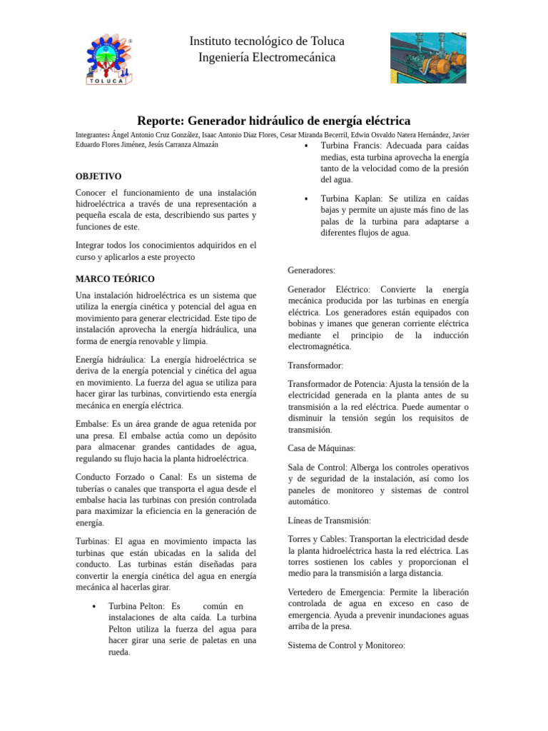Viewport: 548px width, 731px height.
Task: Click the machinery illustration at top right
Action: [428, 57]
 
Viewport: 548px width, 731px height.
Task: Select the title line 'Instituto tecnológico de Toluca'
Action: [267, 41]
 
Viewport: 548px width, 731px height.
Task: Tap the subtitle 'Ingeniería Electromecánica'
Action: [267, 58]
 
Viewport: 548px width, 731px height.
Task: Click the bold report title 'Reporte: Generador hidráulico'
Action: [273, 121]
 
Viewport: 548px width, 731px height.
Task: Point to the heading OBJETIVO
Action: [98, 176]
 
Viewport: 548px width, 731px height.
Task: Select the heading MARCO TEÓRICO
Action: [115, 279]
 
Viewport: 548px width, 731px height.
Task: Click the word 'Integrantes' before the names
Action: [92, 134]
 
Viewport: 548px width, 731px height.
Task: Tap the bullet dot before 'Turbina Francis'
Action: [306, 146]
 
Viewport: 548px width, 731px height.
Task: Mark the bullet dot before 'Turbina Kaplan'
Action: [306, 199]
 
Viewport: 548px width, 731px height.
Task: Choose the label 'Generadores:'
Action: [311, 271]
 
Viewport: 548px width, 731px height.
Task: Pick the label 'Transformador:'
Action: [315, 365]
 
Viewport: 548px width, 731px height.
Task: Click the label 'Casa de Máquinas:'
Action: [321, 448]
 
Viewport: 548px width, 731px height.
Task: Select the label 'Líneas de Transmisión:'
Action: [329, 520]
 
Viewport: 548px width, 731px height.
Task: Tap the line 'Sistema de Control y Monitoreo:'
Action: [346, 645]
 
